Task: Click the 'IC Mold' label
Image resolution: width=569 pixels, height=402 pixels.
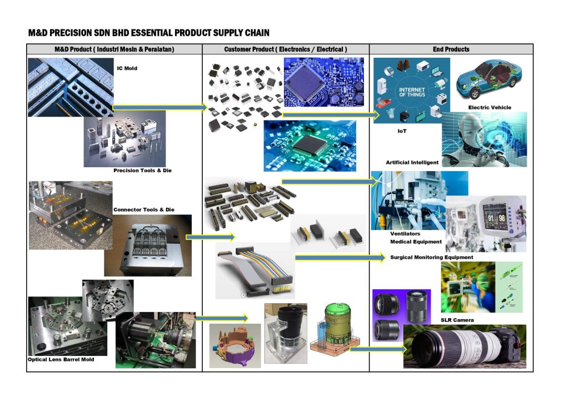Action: (x=127, y=68)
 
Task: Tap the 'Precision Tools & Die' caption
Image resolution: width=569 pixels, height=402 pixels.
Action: (x=142, y=170)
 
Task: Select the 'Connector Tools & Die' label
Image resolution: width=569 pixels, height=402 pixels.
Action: (x=143, y=209)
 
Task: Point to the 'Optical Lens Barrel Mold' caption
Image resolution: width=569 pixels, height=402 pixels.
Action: (x=61, y=359)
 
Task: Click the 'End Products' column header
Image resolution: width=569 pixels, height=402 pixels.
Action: (x=451, y=49)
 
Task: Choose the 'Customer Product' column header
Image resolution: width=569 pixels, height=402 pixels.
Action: (x=286, y=49)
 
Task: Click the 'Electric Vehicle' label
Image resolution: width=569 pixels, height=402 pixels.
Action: (x=490, y=107)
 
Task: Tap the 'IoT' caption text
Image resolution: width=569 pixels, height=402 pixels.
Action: (x=402, y=131)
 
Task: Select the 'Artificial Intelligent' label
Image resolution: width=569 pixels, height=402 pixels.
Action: (x=412, y=162)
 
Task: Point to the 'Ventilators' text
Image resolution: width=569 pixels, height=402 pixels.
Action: (x=405, y=234)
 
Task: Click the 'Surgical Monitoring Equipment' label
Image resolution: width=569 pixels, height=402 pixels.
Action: (x=432, y=257)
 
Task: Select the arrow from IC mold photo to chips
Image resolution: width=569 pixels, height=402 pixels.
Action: (x=159, y=107)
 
